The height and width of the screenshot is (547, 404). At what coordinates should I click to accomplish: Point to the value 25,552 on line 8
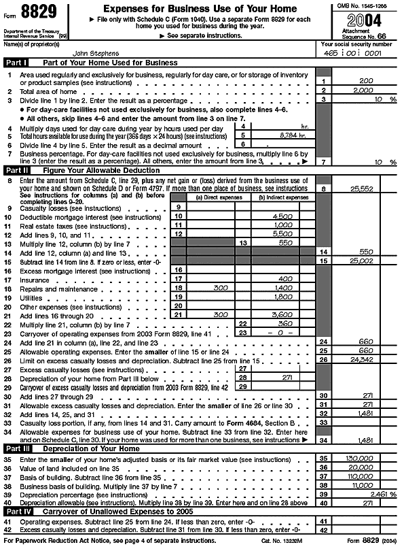click(363, 188)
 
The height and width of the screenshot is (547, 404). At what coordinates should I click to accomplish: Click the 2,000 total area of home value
click(363, 90)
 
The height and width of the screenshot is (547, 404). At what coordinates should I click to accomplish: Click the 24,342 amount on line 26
click(363, 359)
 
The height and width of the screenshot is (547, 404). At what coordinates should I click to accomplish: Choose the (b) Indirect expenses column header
click(284, 197)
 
